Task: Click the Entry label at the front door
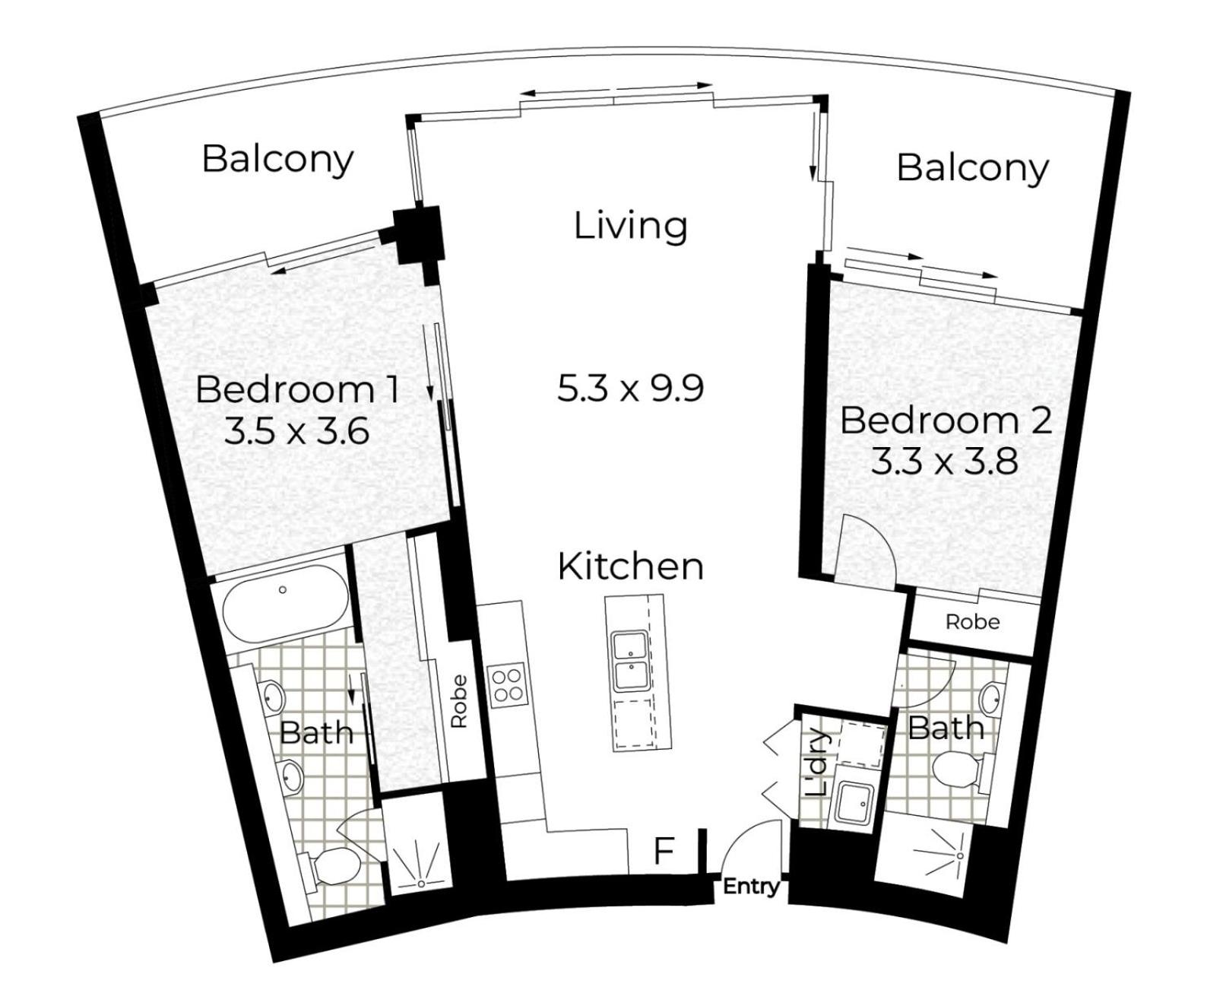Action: [751, 887]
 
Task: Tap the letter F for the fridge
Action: [664, 851]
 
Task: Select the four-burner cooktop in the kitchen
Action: [508, 685]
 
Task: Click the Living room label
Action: [630, 227]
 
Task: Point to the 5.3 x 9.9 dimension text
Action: [630, 388]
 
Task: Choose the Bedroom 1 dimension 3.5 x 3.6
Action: [296, 432]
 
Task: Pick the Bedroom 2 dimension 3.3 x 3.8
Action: [945, 463]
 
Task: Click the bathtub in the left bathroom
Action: [286, 604]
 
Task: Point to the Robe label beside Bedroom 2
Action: [972, 622]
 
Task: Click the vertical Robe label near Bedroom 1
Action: [458, 701]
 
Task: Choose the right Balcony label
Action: [972, 168]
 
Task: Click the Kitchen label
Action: [630, 566]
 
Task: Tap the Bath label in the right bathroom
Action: [946, 728]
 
